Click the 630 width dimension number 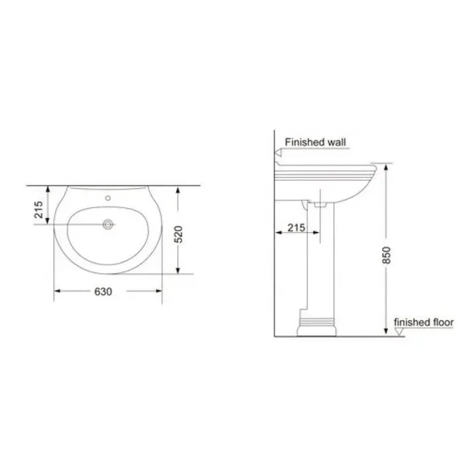[x=103, y=292]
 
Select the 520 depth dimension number [x=179, y=234]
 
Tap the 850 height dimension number [x=387, y=255]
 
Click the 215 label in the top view [x=39, y=210]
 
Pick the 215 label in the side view [x=296, y=227]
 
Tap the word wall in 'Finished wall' [x=336, y=142]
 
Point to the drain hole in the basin [x=108, y=224]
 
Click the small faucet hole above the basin [x=108, y=198]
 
